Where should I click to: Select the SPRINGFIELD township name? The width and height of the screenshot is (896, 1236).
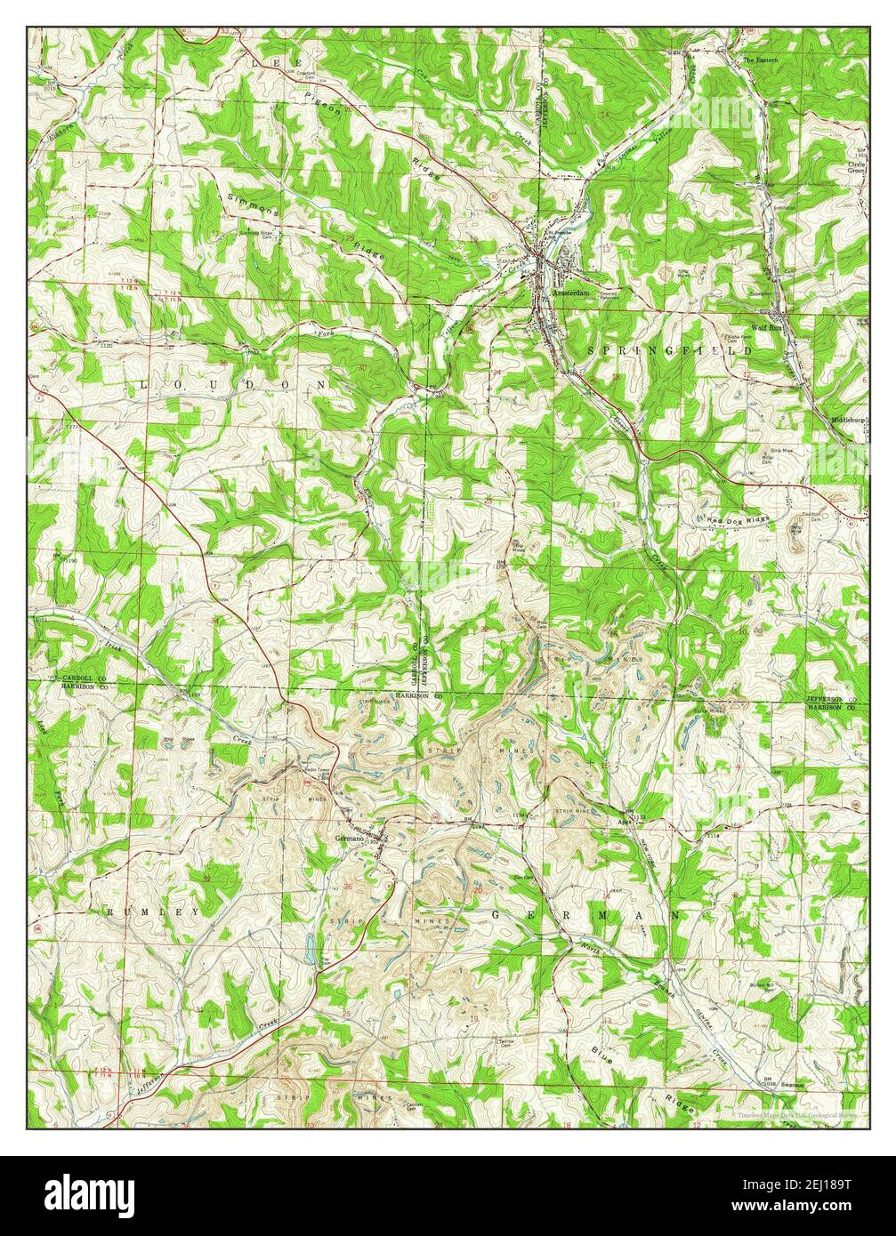[x=669, y=352]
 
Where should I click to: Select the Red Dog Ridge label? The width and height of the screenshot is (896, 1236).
[x=738, y=517]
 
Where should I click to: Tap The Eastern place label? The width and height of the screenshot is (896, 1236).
[x=760, y=60]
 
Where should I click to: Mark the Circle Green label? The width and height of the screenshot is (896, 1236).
[x=856, y=170]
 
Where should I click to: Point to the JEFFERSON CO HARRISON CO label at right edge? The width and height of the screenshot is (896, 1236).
[x=835, y=703]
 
